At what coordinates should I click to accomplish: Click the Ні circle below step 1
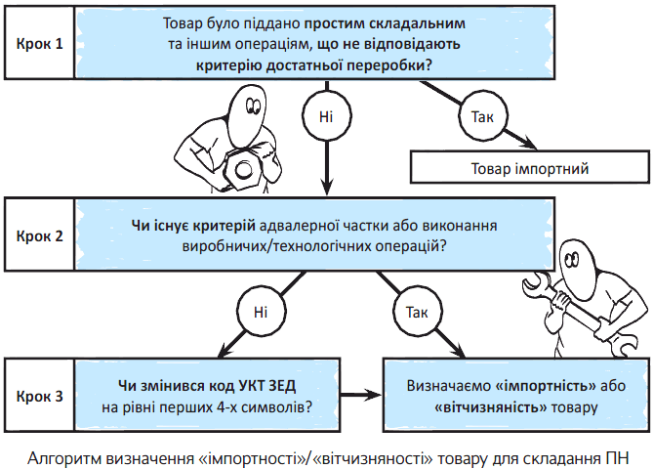point(326,116)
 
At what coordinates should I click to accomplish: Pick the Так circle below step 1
point(482,116)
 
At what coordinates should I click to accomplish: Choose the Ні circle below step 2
point(260,312)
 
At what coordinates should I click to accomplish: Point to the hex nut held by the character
point(241,168)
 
